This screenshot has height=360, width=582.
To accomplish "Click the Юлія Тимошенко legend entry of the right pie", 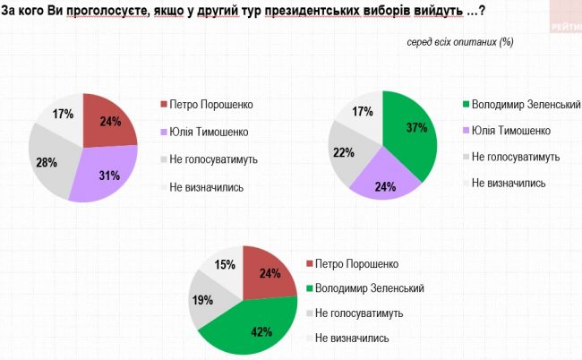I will [509, 131].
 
